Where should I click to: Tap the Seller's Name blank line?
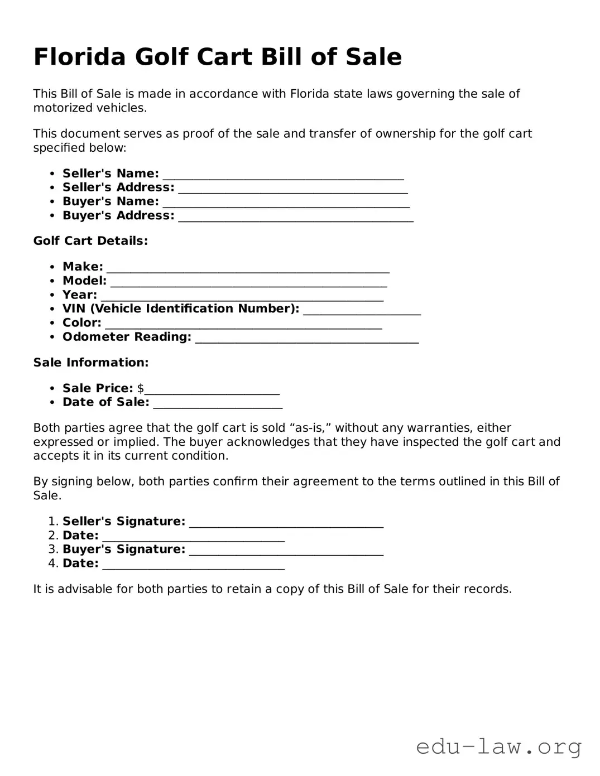[283, 175]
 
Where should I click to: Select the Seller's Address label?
[118, 188]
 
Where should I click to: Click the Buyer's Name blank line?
[286, 203]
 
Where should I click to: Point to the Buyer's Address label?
[118, 216]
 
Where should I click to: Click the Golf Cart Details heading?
[90, 241]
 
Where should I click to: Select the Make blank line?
[248, 268]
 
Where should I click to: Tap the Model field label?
[84, 281]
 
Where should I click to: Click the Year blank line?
[242, 296]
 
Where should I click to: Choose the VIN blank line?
[362, 310]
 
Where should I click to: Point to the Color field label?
[82, 323]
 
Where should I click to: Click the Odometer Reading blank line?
[306, 338]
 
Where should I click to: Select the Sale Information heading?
[91, 363]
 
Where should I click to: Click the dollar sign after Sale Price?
[141, 388]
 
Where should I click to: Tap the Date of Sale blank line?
[218, 403]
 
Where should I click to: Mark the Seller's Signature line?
[286, 522]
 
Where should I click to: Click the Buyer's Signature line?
[286, 550]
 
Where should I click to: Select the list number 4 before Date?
[52, 563]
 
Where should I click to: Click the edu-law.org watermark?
[498, 746]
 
